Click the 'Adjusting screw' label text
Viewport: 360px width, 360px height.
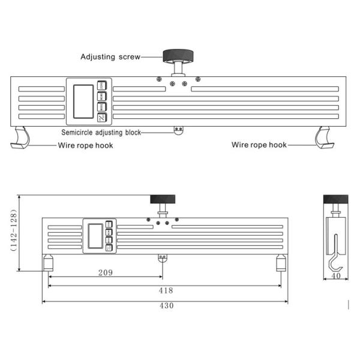[x=110, y=57]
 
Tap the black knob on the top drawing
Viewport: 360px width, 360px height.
[x=178, y=56]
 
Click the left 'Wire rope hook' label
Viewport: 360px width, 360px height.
[x=85, y=145]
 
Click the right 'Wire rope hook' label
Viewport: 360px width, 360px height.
[x=259, y=145]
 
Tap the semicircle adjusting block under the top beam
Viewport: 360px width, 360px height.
[x=178, y=130]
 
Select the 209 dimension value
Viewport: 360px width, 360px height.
[x=105, y=272]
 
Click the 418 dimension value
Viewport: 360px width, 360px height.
[x=166, y=290]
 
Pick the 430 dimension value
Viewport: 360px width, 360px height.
[x=166, y=305]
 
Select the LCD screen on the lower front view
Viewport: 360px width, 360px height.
[x=95, y=235]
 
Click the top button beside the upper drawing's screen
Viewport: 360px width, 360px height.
[x=101, y=86]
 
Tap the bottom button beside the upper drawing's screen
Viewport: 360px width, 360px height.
[x=101, y=118]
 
